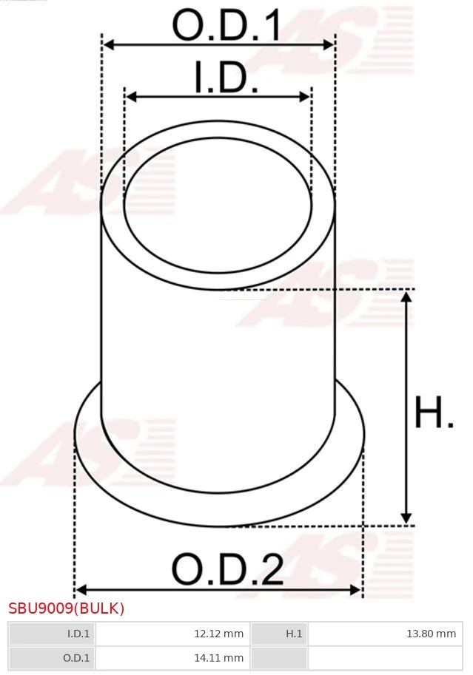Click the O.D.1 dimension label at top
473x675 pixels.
pos(227,26)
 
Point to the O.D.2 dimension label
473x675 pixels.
pos(227,570)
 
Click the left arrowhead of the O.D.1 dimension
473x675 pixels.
pos(108,45)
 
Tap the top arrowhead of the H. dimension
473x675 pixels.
pos(406,296)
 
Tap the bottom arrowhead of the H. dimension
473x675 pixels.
pos(406,518)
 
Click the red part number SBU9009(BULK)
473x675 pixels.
pos(67,608)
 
